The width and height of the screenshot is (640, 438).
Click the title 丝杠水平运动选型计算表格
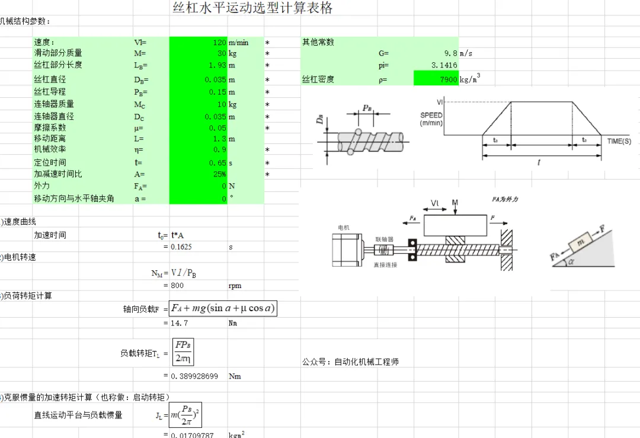pyautogui.click(x=252, y=8)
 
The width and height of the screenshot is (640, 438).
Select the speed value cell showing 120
pyautogui.click(x=199, y=42)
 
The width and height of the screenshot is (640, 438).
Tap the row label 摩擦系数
pyautogui.click(x=50, y=127)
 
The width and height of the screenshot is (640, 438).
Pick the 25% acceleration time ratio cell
pyautogui.click(x=199, y=174)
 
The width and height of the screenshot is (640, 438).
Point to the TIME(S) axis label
pyautogui.click(x=619, y=141)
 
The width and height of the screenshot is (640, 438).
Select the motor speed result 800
pyautogui.click(x=177, y=285)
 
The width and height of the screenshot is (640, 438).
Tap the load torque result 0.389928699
pyautogui.click(x=194, y=376)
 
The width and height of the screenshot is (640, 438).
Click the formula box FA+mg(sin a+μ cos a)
pyautogui.click(x=223, y=308)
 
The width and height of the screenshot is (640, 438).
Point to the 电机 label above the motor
pyautogui.click(x=344, y=228)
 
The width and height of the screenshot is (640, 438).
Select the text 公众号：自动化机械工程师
pyautogui.click(x=350, y=362)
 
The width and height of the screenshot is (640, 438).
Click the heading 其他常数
pyautogui.click(x=318, y=42)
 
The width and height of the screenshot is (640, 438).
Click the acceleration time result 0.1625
pyautogui.click(x=181, y=247)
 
